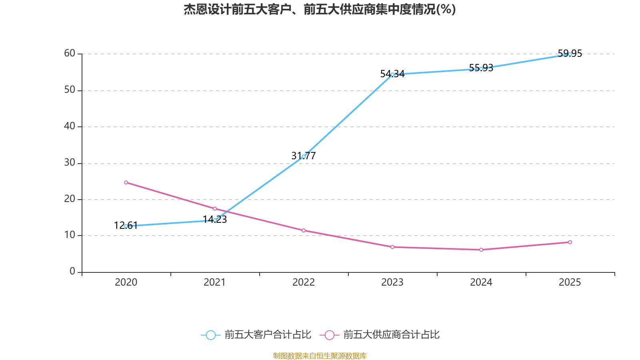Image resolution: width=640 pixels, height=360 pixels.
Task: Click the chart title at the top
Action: [320, 10]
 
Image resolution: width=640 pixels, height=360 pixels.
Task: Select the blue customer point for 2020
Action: [126, 226]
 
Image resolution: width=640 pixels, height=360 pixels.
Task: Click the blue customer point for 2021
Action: [215, 220]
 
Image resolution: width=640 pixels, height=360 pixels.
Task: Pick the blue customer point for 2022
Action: [304, 156]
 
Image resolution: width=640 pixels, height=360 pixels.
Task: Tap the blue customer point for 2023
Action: [392, 74]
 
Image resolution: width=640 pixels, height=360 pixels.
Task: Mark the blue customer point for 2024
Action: [481, 69]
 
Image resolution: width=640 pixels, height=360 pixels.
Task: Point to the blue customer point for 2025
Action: [570, 54]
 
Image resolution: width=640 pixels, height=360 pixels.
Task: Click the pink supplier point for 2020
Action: [126, 182]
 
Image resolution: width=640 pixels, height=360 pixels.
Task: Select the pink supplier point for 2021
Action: [215, 209]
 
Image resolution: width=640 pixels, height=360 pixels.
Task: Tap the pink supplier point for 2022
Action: [304, 230]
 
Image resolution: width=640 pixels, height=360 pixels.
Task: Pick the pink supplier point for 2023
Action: [392, 247]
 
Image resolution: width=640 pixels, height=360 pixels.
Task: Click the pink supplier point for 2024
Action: [481, 250]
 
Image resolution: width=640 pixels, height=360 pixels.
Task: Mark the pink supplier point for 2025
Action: [570, 242]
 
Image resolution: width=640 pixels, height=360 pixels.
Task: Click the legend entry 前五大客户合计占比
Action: [256, 335]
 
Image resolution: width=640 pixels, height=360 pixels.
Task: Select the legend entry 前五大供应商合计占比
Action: [380, 335]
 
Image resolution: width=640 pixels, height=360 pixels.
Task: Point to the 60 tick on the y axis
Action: [70, 54]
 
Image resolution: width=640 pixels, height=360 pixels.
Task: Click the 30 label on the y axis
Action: [70, 163]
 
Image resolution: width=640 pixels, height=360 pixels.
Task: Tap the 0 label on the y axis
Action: [72, 272]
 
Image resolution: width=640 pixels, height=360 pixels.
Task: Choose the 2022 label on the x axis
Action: [304, 282]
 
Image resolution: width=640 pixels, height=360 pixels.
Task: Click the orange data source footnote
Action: [320, 356]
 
